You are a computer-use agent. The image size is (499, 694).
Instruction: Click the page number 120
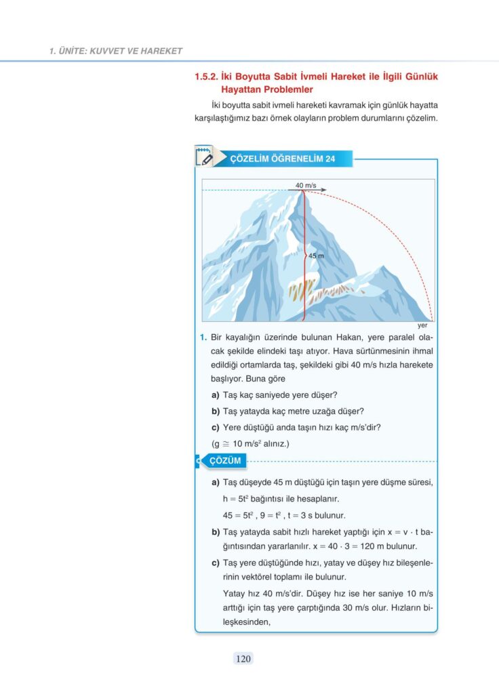pos(243,657)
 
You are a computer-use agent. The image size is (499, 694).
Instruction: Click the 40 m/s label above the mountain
pos(306,185)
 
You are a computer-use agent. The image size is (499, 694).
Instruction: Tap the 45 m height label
pos(316,256)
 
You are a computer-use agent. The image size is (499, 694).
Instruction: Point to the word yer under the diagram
pos(422,325)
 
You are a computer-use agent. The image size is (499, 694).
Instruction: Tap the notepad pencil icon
pos(203,158)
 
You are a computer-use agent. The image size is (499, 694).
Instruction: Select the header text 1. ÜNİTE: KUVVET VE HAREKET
pos(116,51)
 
